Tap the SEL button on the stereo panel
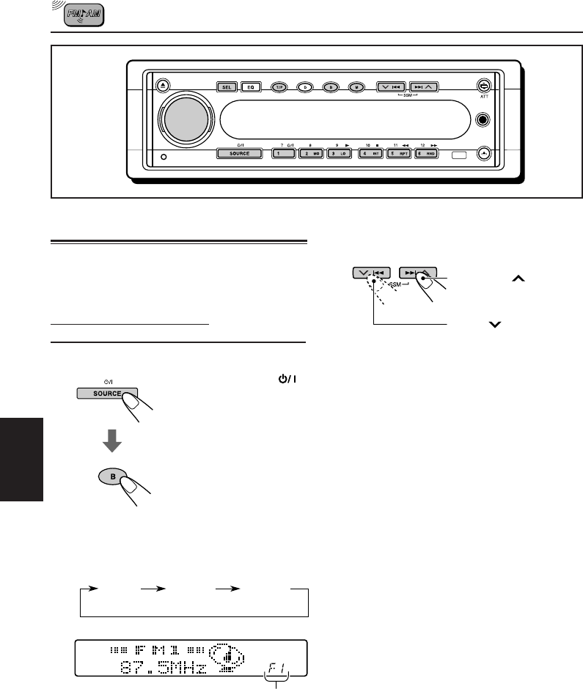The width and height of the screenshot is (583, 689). click(x=227, y=86)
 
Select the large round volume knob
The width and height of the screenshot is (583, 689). click(x=186, y=117)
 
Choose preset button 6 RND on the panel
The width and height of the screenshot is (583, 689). click(x=426, y=154)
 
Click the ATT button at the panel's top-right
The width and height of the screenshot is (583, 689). click(x=483, y=86)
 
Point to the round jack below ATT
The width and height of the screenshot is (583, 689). click(x=483, y=119)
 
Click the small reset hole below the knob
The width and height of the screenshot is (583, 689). click(x=163, y=157)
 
